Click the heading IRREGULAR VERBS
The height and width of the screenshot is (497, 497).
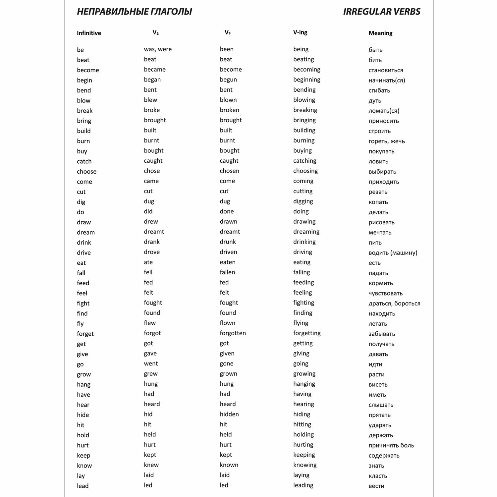381,12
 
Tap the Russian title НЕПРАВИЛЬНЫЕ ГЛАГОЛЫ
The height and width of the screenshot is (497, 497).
134,12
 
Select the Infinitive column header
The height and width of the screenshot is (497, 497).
89,33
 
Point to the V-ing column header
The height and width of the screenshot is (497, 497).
300,32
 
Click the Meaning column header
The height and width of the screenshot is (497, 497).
380,33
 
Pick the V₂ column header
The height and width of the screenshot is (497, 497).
155,32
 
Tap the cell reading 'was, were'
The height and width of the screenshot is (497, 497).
158,49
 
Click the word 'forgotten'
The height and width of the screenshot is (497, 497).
233,333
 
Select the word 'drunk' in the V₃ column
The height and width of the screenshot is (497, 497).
228,242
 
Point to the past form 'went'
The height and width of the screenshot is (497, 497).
151,363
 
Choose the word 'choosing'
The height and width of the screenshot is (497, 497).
305,171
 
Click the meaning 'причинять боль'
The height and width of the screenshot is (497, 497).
391,445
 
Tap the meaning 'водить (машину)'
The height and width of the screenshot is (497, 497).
393,252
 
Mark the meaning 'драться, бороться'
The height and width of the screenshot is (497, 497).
394,303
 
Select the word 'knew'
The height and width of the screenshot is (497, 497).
151,465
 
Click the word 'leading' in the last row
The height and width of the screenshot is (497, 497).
303,485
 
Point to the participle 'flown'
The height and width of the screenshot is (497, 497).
227,323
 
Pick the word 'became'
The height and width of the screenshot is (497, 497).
154,70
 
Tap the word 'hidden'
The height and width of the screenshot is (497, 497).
229,414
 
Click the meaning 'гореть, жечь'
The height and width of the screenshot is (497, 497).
386,141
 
